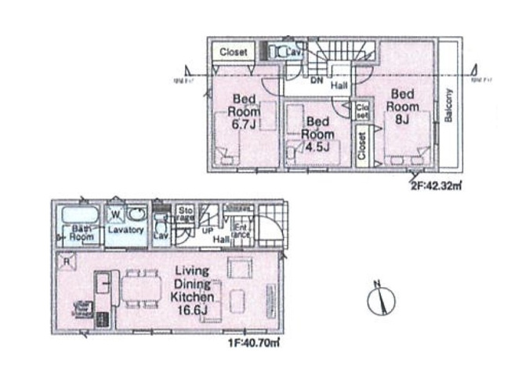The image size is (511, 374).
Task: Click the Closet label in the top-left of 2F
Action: click(x=233, y=52)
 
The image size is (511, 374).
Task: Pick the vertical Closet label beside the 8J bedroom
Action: click(x=361, y=147)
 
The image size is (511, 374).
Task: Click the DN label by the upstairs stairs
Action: click(x=317, y=80)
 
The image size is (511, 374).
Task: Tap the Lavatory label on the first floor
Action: click(x=125, y=230)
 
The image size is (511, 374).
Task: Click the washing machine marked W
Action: click(x=114, y=214)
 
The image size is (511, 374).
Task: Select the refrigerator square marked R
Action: click(x=69, y=262)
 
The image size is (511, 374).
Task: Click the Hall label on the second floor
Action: click(x=339, y=85)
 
